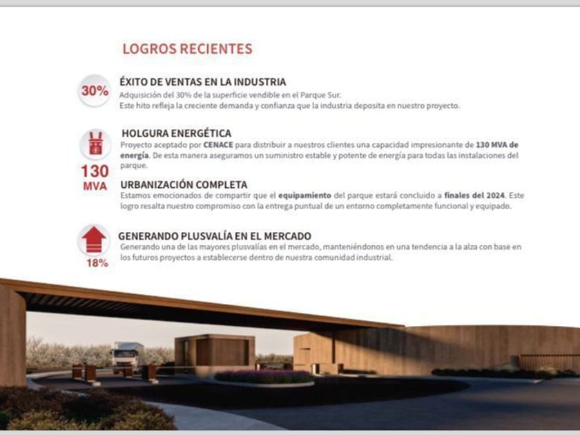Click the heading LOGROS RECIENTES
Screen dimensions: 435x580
click(x=187, y=49)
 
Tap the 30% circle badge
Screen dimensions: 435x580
click(x=95, y=90)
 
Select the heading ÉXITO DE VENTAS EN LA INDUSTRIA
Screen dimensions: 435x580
click(x=202, y=81)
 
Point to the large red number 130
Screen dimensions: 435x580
click(x=95, y=171)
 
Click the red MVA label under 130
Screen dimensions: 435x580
click(x=95, y=187)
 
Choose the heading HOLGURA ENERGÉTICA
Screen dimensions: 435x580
click(x=176, y=133)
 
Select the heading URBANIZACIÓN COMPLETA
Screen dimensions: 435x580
click(x=184, y=184)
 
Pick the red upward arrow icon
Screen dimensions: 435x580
click(x=94, y=241)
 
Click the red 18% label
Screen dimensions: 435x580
click(x=97, y=263)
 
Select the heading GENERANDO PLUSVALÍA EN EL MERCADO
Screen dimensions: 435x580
click(x=215, y=235)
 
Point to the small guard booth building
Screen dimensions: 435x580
click(x=214, y=351)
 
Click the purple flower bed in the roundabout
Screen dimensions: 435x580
click(x=264, y=377)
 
